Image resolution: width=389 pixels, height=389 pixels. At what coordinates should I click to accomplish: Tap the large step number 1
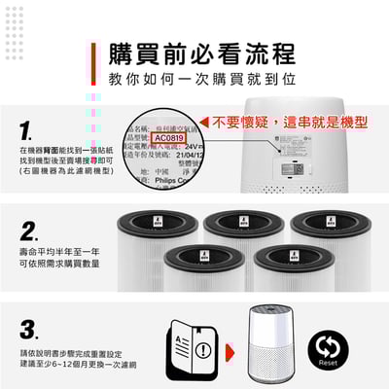pyautogui.click(x=28, y=129)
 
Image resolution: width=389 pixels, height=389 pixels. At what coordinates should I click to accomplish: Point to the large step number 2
pyautogui.click(x=29, y=231)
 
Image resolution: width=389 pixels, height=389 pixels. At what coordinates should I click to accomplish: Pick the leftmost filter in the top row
pyautogui.click(x=159, y=229)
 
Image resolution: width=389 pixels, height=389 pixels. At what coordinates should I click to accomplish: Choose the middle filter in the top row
pyautogui.click(x=244, y=229)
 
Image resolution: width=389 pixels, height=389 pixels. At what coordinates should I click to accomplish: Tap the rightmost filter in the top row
pyautogui.click(x=330, y=229)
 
